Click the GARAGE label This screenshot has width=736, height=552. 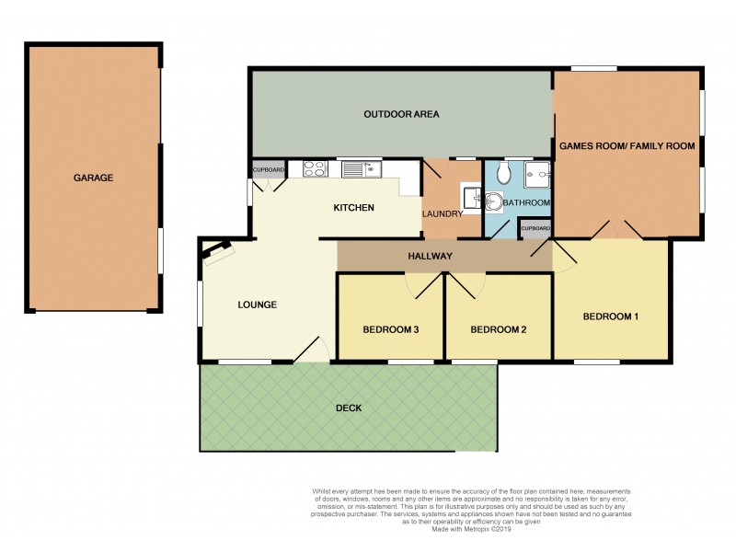pyautogui.click(x=93, y=178)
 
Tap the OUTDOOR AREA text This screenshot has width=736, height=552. pyautogui.click(x=401, y=115)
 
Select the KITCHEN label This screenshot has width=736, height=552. pyautogui.click(x=353, y=208)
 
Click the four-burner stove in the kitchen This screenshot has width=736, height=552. pyautogui.click(x=314, y=168)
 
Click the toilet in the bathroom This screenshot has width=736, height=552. pyautogui.click(x=503, y=173)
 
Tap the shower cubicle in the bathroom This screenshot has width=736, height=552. pyautogui.click(x=538, y=174)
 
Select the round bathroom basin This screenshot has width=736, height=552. pyautogui.click(x=494, y=202)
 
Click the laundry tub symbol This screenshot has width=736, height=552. pyautogui.click(x=471, y=195)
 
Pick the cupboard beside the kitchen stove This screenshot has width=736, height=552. pyautogui.click(x=269, y=170)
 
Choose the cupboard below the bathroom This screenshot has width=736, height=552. pyautogui.click(x=535, y=228)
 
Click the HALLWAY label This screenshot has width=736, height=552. pyautogui.click(x=431, y=256)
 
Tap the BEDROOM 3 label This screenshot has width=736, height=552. pyautogui.click(x=390, y=329)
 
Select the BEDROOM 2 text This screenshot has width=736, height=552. pyautogui.click(x=498, y=329)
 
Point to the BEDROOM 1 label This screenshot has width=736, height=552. pyautogui.click(x=610, y=316)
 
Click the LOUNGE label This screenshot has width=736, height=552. pyautogui.click(x=258, y=305)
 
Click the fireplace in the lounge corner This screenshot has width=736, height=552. pyautogui.click(x=218, y=250)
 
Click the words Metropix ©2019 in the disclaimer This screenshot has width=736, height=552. pyautogui.click(x=489, y=529)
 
